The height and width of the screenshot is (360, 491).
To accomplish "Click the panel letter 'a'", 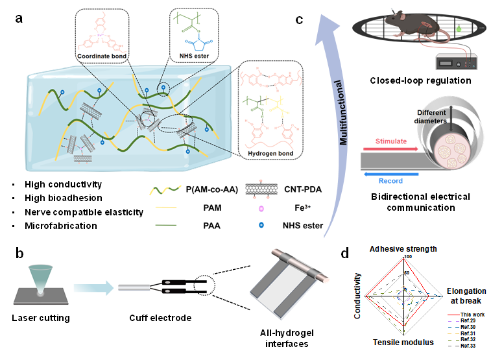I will [21, 18].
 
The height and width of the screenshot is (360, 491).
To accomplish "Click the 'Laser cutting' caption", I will [41, 318].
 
